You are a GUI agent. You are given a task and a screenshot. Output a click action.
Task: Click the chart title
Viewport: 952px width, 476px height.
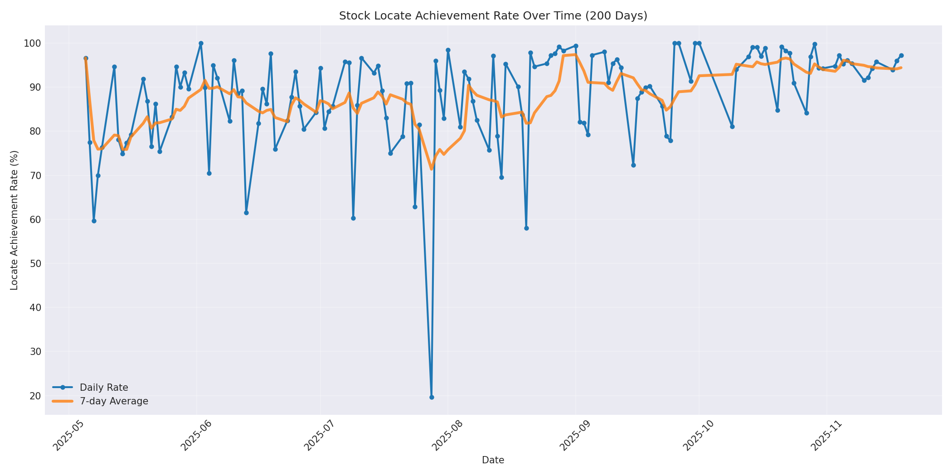tap(493, 16)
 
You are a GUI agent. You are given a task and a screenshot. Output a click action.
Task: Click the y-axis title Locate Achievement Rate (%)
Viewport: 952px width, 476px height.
tap(15, 220)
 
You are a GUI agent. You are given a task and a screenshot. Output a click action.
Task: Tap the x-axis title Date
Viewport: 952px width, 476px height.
tap(493, 460)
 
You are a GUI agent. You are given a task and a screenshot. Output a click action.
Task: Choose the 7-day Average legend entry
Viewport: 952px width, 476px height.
tap(114, 401)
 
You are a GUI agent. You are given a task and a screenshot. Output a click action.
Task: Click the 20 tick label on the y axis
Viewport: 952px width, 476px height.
tap(35, 396)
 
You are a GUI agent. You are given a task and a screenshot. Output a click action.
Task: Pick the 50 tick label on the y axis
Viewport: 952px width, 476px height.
tap(35, 264)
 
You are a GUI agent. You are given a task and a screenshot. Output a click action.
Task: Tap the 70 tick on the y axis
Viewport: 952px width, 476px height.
tap(35, 175)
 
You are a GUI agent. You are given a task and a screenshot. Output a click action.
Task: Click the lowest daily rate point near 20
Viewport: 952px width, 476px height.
tap(432, 397)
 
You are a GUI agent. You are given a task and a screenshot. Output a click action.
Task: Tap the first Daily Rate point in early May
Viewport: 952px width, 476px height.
tap(86, 58)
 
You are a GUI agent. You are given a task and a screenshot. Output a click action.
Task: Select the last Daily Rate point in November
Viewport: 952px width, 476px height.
tap(901, 56)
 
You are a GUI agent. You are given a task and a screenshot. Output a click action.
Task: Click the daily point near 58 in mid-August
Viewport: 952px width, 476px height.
tap(526, 228)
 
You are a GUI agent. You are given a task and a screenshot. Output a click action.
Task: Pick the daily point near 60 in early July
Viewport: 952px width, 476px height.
tap(353, 218)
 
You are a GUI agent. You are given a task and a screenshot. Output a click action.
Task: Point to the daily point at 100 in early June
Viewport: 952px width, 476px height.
tap(201, 44)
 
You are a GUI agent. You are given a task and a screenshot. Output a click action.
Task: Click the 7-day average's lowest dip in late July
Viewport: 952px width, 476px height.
tap(432, 169)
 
